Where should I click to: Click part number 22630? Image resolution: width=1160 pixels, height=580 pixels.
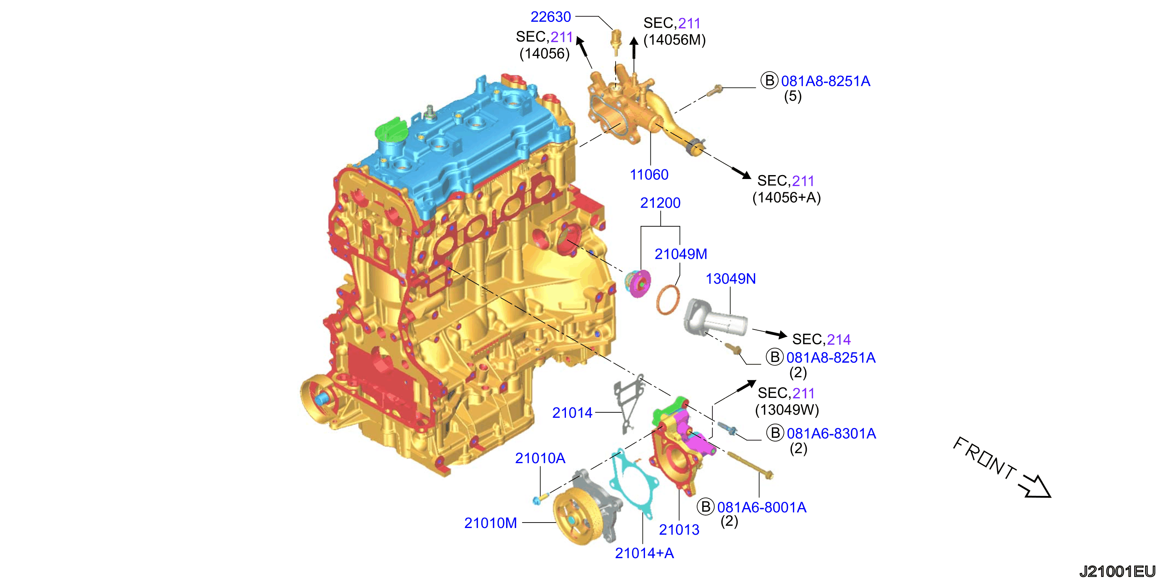pos(550,17)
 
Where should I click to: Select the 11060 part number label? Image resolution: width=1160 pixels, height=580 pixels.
pos(649,174)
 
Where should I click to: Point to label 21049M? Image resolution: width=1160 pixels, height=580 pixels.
pos(681,254)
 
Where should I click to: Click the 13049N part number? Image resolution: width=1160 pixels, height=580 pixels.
pos(730,279)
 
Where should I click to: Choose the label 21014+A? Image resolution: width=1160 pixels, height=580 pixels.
pos(644,553)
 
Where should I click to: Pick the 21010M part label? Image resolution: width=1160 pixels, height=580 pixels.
pos(490,523)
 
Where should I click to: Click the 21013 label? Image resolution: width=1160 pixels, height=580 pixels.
pos(679,530)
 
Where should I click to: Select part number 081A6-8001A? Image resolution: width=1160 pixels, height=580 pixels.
pos(761,507)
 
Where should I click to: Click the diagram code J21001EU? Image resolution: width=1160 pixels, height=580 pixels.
pos(1118,571)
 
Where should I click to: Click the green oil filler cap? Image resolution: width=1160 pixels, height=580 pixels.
pos(390,130)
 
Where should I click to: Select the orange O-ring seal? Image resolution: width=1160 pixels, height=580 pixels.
pos(668,299)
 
